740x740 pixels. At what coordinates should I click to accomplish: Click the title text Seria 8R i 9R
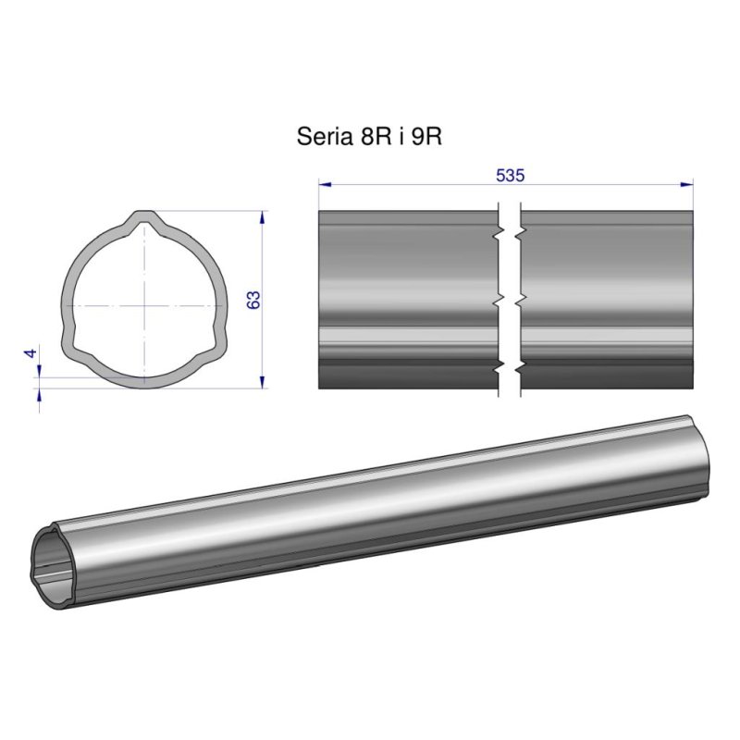[x=369, y=137]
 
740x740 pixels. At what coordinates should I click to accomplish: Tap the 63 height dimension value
[x=254, y=300]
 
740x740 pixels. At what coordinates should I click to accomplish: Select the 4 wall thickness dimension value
[x=31, y=353]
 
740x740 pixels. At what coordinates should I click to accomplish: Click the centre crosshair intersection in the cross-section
[x=144, y=303]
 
